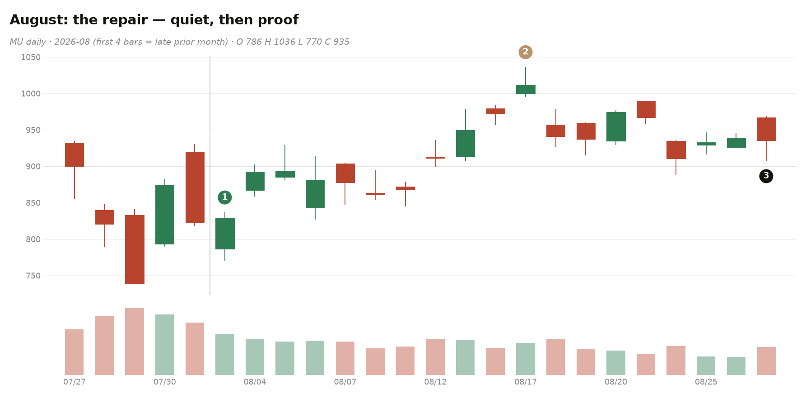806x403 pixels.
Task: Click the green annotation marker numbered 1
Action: click(x=225, y=197)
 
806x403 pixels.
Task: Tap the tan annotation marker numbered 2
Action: click(x=526, y=52)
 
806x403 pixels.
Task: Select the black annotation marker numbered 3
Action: click(x=766, y=176)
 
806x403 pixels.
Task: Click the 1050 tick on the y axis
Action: click(x=31, y=57)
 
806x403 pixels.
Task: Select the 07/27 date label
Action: click(x=75, y=382)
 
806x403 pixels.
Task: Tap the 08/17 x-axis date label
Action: click(x=526, y=382)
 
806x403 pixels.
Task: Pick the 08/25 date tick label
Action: click(x=706, y=382)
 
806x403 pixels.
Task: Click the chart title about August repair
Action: click(x=154, y=20)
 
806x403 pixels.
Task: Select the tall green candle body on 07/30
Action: click(x=165, y=215)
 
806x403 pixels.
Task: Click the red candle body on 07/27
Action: click(x=75, y=155)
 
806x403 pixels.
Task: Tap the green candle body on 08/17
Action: click(x=526, y=89)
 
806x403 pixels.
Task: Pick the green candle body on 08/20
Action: click(x=616, y=127)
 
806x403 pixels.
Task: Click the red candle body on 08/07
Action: click(x=345, y=173)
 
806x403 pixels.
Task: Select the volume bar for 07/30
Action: click(x=165, y=345)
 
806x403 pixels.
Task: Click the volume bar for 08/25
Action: click(x=706, y=366)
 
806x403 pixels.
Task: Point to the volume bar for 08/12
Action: click(x=435, y=357)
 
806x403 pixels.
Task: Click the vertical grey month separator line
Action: click(x=210, y=176)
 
